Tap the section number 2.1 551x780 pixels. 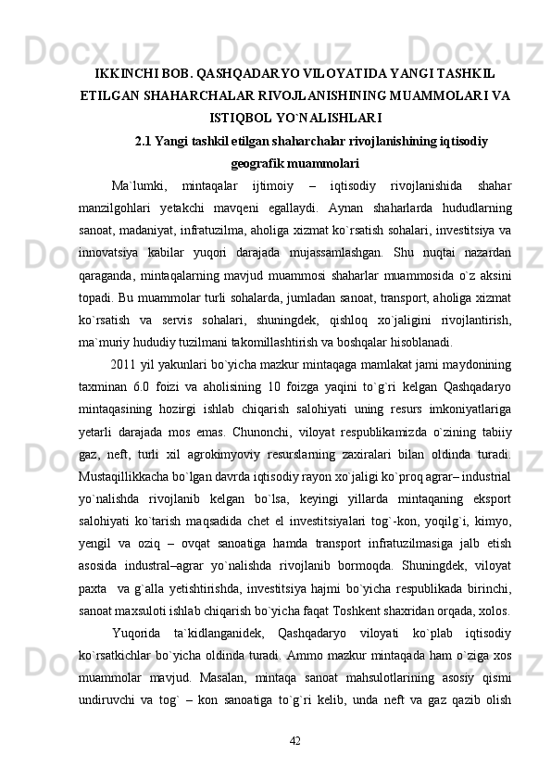(x=146, y=141)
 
